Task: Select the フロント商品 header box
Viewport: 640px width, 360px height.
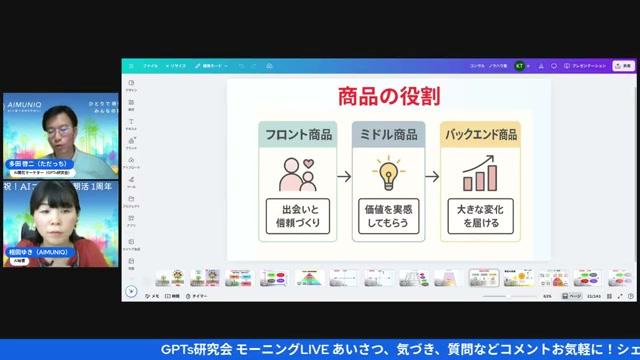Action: [297, 134]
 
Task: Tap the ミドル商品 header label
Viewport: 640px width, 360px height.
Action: [388, 134]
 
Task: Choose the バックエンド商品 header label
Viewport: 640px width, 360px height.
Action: [480, 134]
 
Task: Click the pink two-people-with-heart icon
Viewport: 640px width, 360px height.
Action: [297, 174]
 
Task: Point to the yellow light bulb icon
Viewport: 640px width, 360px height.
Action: [388, 174]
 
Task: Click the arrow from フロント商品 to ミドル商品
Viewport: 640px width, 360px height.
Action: [343, 176]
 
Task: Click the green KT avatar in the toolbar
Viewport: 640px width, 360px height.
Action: [519, 65]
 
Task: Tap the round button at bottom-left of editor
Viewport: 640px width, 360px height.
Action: [131, 292]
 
